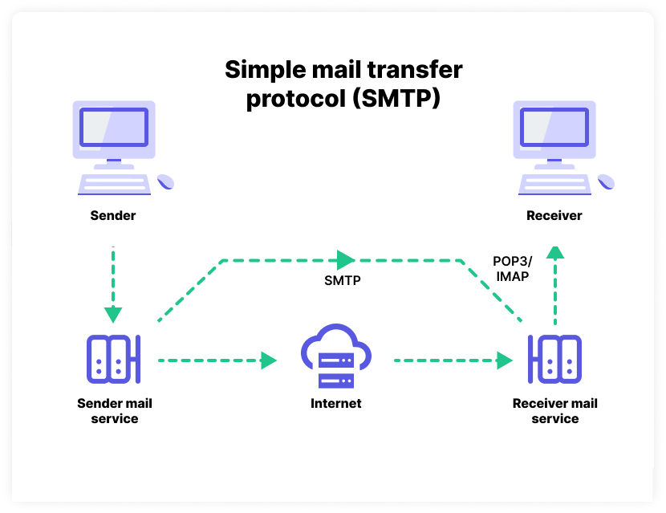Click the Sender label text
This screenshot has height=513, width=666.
(113, 215)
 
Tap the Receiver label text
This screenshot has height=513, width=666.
(554, 215)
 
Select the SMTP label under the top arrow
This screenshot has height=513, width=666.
(343, 280)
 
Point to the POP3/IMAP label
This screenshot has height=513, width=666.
(512, 269)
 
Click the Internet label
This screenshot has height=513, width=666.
(336, 403)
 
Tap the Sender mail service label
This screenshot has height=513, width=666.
(115, 411)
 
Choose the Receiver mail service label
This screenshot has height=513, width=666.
(555, 411)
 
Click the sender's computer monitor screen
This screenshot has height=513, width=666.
(114, 127)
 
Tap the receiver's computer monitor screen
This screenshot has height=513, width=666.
(554, 127)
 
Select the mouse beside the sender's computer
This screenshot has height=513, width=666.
(165, 181)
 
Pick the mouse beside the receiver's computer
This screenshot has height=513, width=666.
(606, 181)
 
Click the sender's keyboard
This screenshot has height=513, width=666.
(114, 184)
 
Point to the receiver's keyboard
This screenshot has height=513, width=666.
(554, 184)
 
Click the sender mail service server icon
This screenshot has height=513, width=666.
(113, 359)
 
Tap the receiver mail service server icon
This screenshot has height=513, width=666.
(554, 359)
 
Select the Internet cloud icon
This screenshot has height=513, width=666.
(336, 356)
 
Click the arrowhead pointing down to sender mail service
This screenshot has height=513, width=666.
(113, 315)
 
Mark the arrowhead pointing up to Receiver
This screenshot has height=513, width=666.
(555, 252)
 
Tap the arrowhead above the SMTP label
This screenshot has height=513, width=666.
(346, 260)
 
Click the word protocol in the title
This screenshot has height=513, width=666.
(296, 99)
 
